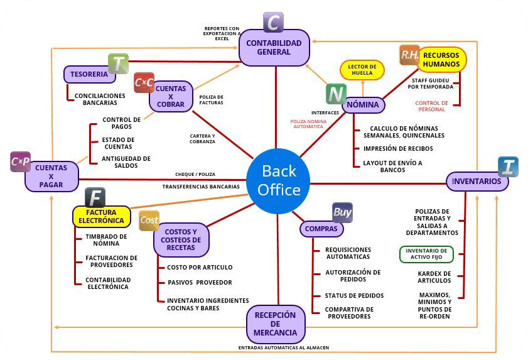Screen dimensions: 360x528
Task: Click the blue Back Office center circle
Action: point(277,180)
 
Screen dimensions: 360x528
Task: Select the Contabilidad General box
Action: point(274,48)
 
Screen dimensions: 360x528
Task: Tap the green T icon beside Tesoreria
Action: point(118,64)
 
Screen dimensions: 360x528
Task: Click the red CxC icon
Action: point(144,82)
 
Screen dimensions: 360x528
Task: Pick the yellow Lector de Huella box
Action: point(362,70)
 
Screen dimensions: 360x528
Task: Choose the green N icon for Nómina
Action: point(336,94)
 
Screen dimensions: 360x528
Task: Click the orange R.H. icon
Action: point(409,55)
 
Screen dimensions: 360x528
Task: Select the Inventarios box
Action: point(477,182)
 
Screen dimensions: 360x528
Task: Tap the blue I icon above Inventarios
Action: point(507,166)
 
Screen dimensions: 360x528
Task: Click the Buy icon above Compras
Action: point(342,212)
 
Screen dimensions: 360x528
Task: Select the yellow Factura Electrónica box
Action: point(101,216)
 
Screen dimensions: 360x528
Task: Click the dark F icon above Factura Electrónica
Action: point(95,197)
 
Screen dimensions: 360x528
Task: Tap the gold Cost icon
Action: point(149,221)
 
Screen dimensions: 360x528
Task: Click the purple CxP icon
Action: point(20,162)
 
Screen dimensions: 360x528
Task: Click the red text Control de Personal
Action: point(431,106)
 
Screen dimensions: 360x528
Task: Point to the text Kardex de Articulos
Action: point(434,277)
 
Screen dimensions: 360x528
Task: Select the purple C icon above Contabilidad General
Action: point(272,23)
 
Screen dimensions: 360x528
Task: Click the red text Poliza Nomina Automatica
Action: point(307,124)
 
